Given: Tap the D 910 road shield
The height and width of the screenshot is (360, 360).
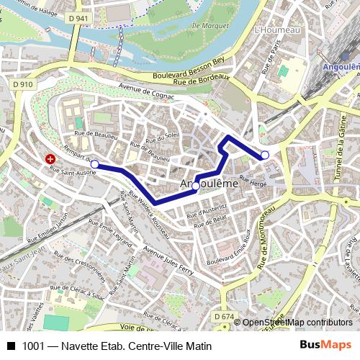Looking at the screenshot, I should click(x=23, y=84).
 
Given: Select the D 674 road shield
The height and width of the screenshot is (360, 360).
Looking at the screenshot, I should click(x=224, y=316).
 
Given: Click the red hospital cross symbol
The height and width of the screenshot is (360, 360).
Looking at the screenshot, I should click(x=50, y=158).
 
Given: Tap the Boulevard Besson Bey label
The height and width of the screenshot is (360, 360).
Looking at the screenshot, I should click(x=189, y=66).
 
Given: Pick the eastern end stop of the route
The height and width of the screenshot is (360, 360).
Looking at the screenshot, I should click(x=265, y=155).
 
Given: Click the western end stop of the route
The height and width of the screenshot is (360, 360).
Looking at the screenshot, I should click(x=94, y=164).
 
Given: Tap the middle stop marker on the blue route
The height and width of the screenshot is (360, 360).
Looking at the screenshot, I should click(x=195, y=186).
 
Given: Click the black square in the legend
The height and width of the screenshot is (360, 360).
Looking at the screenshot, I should click(x=11, y=346).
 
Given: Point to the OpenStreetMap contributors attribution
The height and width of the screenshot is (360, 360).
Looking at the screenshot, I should click(x=297, y=323).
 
